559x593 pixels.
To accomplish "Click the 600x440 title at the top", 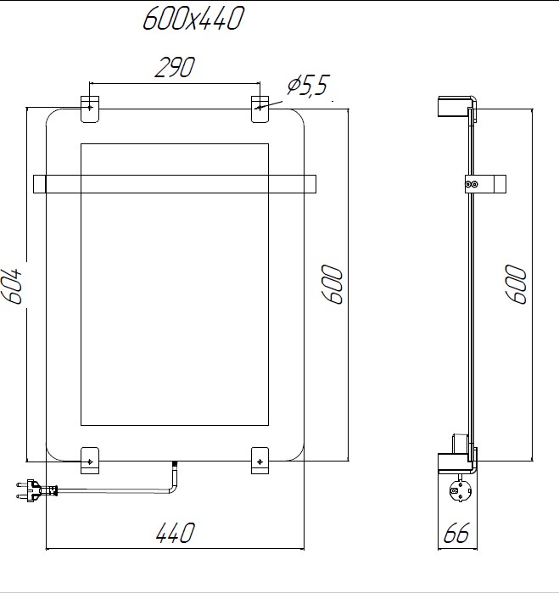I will [x=193, y=19].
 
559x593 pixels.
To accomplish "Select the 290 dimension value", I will [x=175, y=69].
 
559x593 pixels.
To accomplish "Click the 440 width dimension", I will [x=176, y=534].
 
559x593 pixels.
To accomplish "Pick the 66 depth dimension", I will [x=457, y=534].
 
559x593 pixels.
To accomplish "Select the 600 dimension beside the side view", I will [x=516, y=284].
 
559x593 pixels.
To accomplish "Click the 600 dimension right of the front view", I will [x=332, y=284].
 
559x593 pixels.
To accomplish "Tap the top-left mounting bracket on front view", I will [x=89, y=107].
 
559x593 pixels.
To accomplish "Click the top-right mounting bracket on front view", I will [x=260, y=107].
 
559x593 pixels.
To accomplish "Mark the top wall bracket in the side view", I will [x=454, y=109].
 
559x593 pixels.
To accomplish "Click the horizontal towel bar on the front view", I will [x=174, y=183].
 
